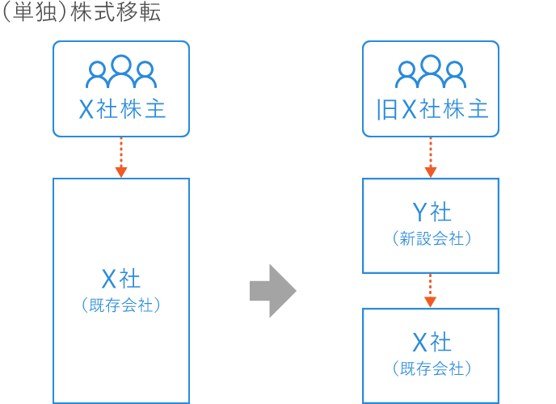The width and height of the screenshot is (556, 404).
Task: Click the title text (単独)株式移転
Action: [x=82, y=15]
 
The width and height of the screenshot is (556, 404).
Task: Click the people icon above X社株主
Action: [x=121, y=73]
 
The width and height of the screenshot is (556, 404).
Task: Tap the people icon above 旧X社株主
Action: [x=431, y=73]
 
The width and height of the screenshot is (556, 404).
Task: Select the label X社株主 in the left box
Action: [x=121, y=109]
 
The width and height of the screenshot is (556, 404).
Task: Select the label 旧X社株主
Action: [x=432, y=109]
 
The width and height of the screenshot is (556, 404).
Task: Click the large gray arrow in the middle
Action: [x=273, y=290]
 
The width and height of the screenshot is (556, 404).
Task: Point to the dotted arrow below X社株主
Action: [x=121, y=157]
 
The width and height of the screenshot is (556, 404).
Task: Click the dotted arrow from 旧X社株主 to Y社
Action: [x=431, y=157]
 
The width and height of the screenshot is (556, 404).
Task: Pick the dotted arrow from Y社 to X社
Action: [x=431, y=290]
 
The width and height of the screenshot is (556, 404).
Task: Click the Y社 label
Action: [x=431, y=212]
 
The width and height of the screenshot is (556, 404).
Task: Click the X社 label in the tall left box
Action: [x=121, y=279]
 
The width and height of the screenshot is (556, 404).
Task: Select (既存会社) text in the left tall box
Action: [x=121, y=305]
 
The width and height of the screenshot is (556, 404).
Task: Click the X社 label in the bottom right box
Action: [x=431, y=342]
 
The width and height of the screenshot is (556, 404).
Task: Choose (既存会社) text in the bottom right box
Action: [x=431, y=368]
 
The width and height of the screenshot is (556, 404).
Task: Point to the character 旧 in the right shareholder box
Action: [x=388, y=109]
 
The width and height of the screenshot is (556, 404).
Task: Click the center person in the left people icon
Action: [x=121, y=69]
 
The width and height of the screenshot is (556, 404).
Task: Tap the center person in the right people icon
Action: [x=431, y=69]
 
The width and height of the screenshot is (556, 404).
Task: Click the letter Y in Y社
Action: [x=419, y=212]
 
